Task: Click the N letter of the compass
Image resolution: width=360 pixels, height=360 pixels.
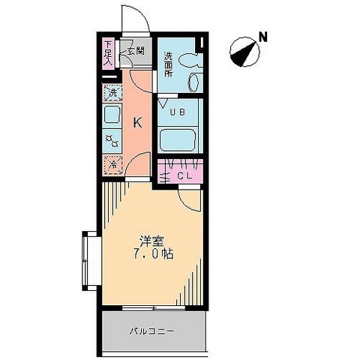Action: tap(262, 36)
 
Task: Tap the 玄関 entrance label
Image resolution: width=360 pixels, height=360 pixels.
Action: tap(135, 51)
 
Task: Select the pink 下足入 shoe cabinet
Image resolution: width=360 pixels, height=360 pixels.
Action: tap(109, 52)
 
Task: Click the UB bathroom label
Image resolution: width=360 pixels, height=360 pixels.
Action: tap(177, 112)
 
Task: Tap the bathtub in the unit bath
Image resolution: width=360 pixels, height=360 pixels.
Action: tap(178, 139)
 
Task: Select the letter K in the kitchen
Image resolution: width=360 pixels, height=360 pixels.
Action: tap(137, 123)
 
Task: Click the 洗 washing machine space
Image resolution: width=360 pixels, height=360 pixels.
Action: tap(111, 94)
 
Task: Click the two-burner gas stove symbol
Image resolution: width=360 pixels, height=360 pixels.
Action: tap(112, 139)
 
